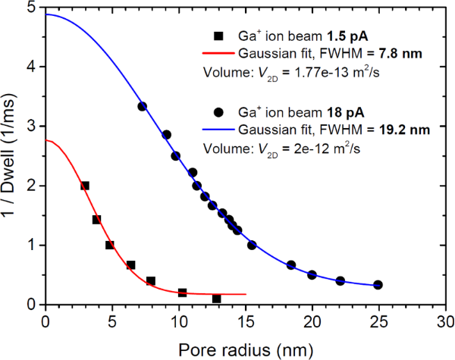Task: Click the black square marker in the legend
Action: (x=218, y=36)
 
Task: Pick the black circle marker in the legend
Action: (x=218, y=113)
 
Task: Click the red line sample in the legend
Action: (x=218, y=54)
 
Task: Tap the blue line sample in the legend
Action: (x=218, y=130)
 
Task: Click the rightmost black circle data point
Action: (x=378, y=285)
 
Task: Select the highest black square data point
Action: (x=85, y=186)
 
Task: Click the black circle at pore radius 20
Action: (x=312, y=275)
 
